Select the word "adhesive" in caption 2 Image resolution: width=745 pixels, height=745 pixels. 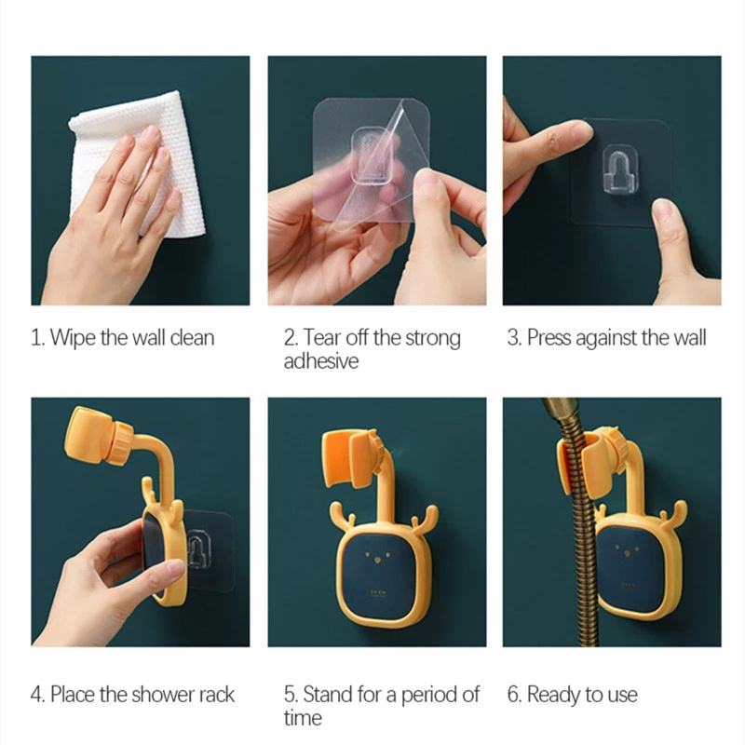click(x=321, y=361)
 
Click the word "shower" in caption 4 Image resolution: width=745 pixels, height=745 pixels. click(x=162, y=695)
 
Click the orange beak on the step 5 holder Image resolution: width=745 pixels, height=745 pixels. click(x=378, y=561)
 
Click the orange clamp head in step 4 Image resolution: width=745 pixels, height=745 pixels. click(x=98, y=436)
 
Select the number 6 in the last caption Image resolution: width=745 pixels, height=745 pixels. click(x=514, y=695)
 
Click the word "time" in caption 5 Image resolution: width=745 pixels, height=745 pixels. click(x=303, y=717)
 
